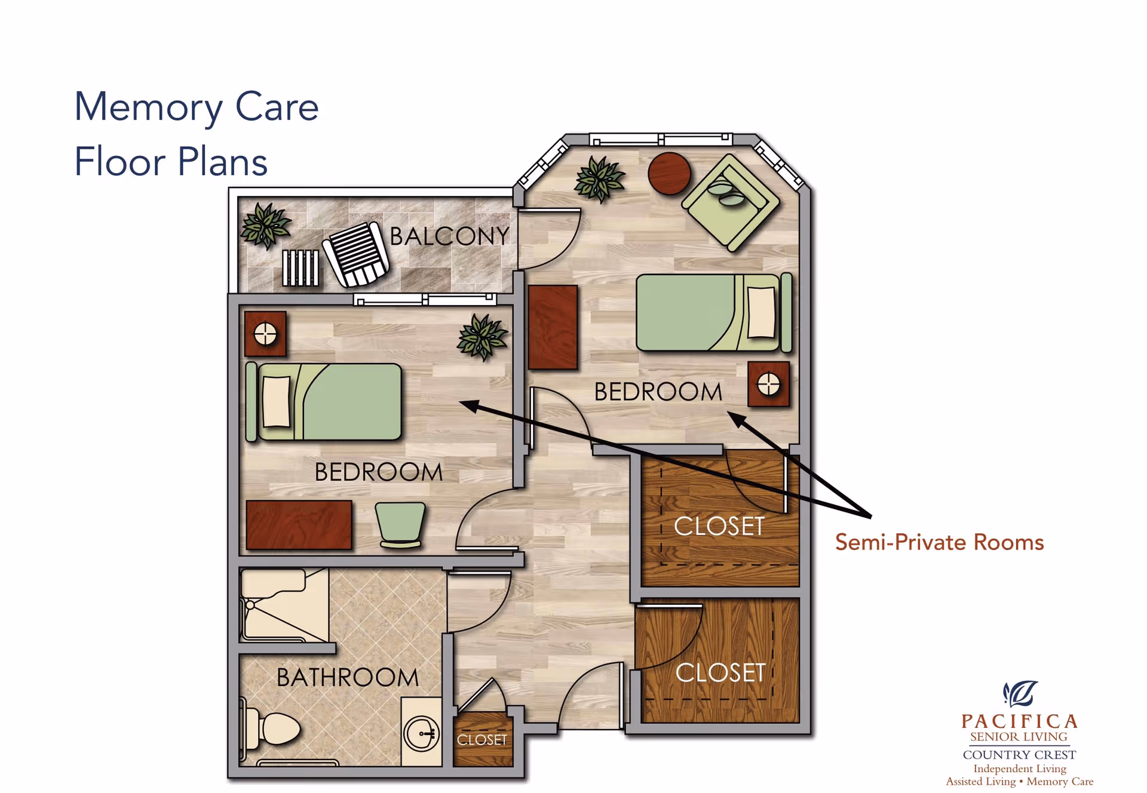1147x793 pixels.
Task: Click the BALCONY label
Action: point(449,236)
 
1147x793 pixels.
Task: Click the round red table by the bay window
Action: point(669,173)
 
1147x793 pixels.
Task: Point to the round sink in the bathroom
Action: point(422,733)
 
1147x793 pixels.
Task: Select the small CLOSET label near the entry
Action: point(482,740)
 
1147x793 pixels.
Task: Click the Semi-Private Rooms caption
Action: point(939,542)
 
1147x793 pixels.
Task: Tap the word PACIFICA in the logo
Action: point(1019,721)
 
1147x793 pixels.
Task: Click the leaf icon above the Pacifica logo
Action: point(1020,693)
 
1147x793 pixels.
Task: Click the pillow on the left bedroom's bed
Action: point(277,401)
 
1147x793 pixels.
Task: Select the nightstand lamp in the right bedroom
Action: point(768,384)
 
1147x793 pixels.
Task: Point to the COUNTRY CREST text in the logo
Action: point(1019,755)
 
